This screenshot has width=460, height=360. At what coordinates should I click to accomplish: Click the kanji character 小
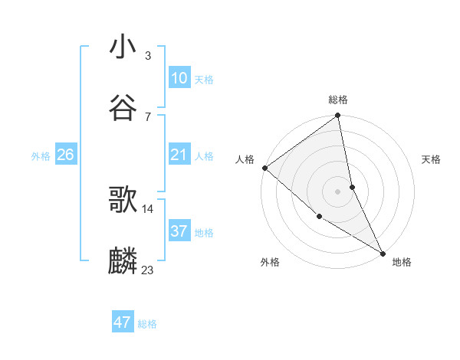pyautogui.click(x=123, y=47)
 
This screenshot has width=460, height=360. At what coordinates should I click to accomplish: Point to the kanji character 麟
pyautogui.click(x=123, y=261)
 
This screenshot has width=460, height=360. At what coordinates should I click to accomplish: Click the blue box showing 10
pyautogui.click(x=179, y=78)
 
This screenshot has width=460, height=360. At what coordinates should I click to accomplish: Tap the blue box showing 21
pyautogui.click(x=179, y=155)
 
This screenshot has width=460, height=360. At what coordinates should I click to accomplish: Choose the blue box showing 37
pyautogui.click(x=179, y=231)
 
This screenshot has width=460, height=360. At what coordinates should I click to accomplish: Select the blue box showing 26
pyautogui.click(x=65, y=155)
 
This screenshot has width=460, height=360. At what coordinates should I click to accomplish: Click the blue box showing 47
pyautogui.click(x=123, y=322)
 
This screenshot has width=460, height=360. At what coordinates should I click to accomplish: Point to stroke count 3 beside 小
pyautogui.click(x=148, y=56)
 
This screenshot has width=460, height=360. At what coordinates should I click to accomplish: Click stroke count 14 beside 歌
pyautogui.click(x=148, y=208)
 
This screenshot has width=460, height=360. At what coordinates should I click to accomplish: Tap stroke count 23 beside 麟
pyautogui.click(x=148, y=270)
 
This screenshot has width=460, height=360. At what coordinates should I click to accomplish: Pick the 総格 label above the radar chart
pyautogui.click(x=338, y=100)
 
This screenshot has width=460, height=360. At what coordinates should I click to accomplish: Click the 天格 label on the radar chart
pyautogui.click(x=431, y=159)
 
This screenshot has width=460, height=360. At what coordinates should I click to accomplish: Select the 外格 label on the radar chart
pyautogui.click(x=269, y=262)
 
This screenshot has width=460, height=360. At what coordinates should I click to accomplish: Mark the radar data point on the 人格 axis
pyautogui.click(x=264, y=168)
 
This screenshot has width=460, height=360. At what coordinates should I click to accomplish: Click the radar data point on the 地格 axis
pyautogui.click(x=382, y=252)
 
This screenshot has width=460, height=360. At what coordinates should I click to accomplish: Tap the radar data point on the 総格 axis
pyautogui.click(x=338, y=116)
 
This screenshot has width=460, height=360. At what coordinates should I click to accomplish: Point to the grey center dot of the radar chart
pyautogui.click(x=338, y=191)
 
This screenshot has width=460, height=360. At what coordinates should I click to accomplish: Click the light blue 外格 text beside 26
pyautogui.click(x=41, y=155)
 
